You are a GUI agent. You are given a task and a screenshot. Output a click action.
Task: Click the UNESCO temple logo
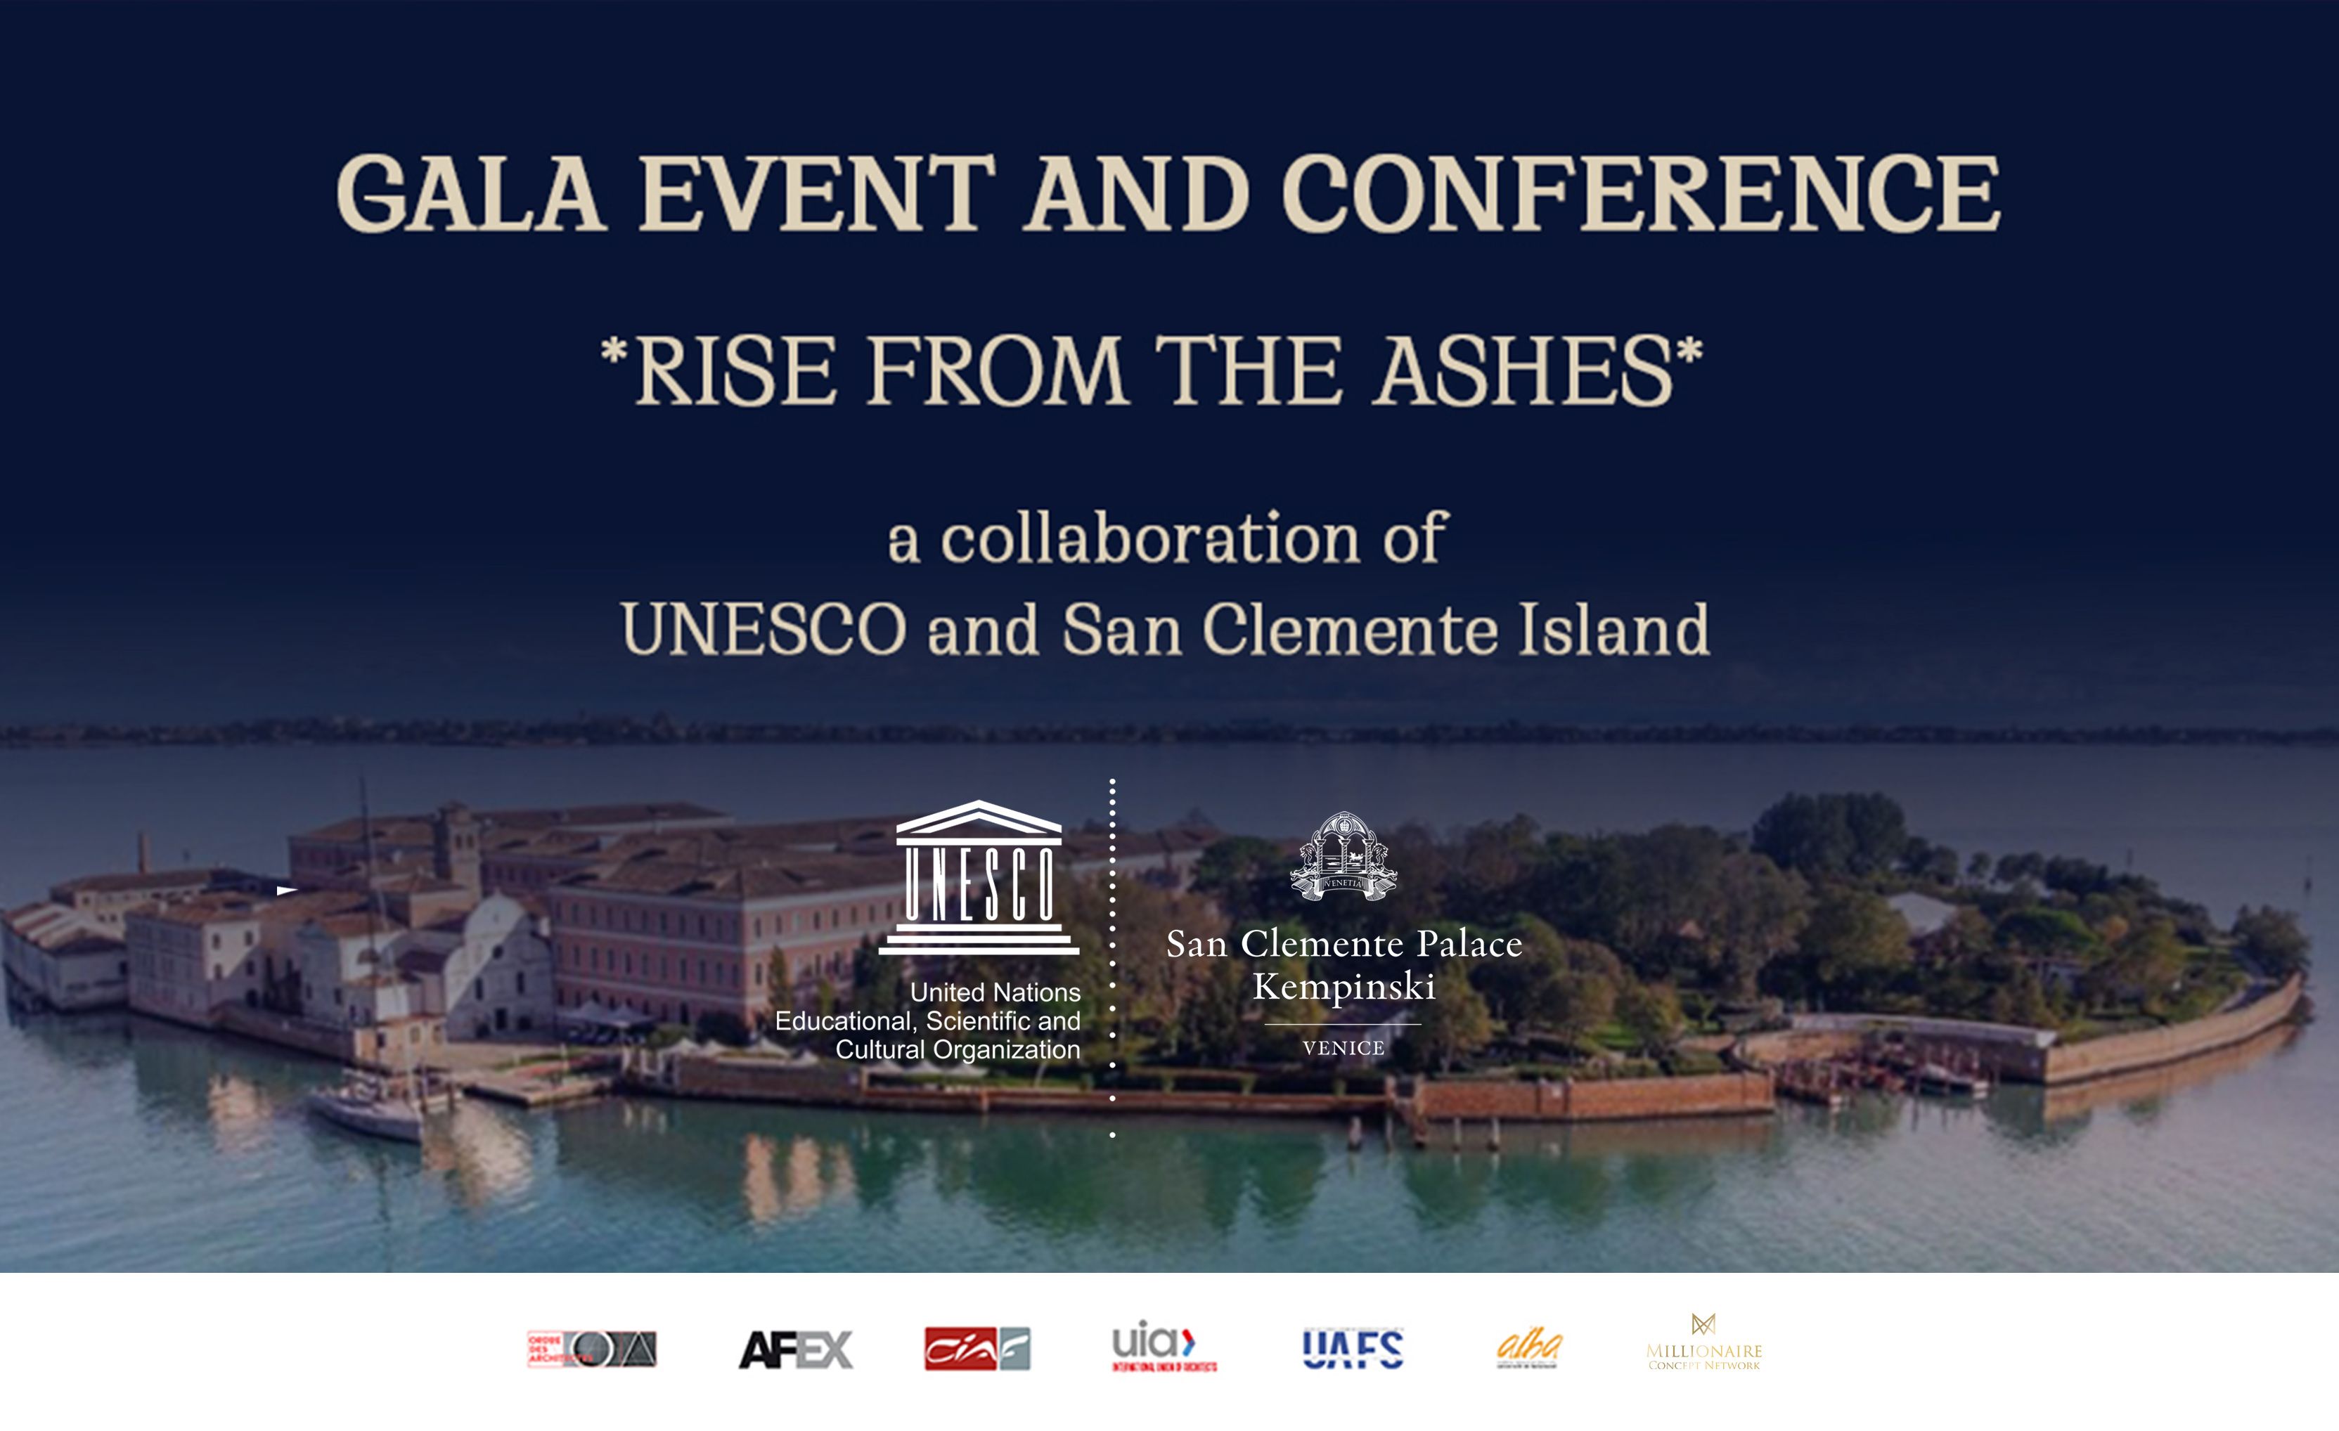coord(979,877)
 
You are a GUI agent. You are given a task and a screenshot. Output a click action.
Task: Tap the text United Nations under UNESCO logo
coord(995,992)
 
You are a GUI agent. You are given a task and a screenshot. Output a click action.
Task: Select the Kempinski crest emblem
coord(1344,856)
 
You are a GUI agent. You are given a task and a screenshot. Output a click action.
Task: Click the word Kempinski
coord(1344,987)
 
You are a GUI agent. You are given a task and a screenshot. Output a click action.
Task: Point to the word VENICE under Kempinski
coord(1344,1049)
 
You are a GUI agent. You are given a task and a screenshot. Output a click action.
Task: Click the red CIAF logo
coord(977,1349)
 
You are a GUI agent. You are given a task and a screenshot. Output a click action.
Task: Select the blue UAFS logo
coord(1353,1349)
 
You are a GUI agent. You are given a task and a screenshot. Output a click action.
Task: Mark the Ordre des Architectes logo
coord(591,1349)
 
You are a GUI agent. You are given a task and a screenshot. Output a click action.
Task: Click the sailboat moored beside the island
coord(370,1106)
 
